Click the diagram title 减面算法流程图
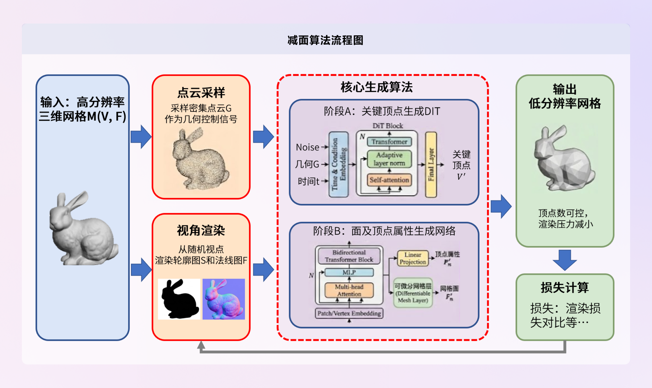pos(325,40)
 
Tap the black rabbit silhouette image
pos(179,299)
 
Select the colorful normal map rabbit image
pos(224,299)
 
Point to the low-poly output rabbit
pos(563,159)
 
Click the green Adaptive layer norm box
pos(389,159)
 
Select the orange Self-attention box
pos(389,180)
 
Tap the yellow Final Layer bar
pos(431,164)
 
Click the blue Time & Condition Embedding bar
pos(339,164)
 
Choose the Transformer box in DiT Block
pos(389,142)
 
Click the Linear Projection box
pos(413,258)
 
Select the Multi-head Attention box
pos(349,290)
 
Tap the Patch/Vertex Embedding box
pos(349,313)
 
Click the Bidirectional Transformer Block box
pos(349,256)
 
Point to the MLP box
pos(349,272)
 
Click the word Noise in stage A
pos(307,147)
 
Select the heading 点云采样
pos(201,93)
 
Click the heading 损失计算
pos(564,288)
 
